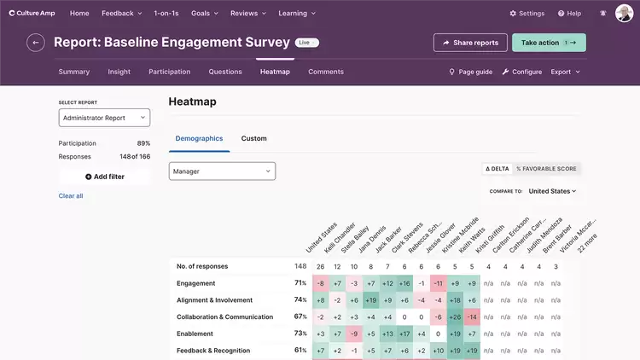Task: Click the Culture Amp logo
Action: (x=32, y=14)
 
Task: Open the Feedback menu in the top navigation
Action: (x=120, y=14)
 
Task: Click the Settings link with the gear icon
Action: (x=527, y=14)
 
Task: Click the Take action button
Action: (x=549, y=43)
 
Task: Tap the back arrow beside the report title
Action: (x=36, y=43)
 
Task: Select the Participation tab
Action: (x=169, y=72)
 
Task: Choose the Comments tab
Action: (x=326, y=72)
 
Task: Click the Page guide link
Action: (x=471, y=73)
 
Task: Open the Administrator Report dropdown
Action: (x=104, y=118)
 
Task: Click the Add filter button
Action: (x=104, y=177)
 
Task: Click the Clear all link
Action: (x=71, y=196)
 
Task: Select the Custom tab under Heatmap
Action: (x=253, y=138)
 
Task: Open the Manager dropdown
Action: (x=222, y=171)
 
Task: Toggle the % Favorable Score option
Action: (x=546, y=169)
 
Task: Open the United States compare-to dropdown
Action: (x=552, y=191)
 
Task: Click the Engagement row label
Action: (x=195, y=283)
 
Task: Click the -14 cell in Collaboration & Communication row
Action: (x=472, y=316)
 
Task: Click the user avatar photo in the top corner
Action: (x=624, y=14)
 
